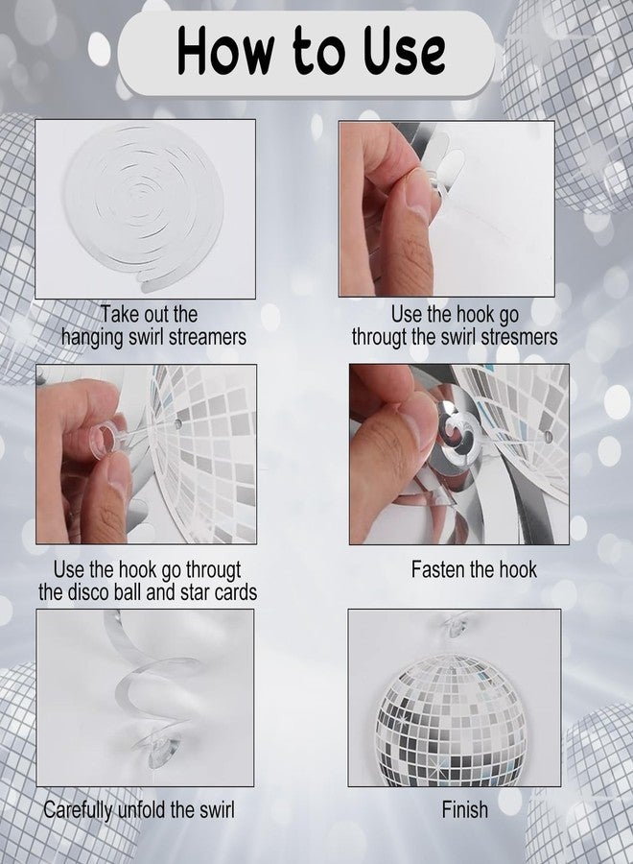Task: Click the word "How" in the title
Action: (x=225, y=51)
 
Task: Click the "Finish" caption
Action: (x=464, y=809)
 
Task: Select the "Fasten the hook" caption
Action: (x=474, y=569)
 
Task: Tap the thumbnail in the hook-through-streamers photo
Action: (x=417, y=194)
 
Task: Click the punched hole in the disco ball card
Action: (x=176, y=424)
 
